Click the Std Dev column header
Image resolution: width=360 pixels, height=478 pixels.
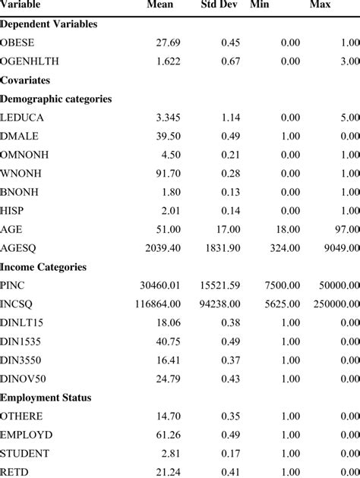(x=220, y=5)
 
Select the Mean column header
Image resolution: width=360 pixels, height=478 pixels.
(x=159, y=5)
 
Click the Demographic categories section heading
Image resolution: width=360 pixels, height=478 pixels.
(x=56, y=99)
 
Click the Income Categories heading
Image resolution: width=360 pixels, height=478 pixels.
(x=43, y=267)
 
